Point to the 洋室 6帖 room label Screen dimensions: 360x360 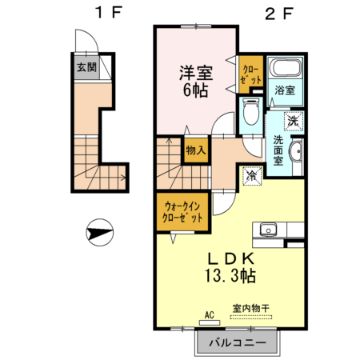(194, 79)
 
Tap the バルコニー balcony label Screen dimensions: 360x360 (236, 343)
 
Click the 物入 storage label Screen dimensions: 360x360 (196, 149)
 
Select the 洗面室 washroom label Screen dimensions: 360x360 (278, 150)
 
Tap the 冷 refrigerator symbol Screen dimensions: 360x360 (251, 174)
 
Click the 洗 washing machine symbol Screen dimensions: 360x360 (293, 122)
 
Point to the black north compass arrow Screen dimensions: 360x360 (98, 234)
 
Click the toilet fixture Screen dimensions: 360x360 (250, 115)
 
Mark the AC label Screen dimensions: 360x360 (211, 314)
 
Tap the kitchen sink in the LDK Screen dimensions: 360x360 (266, 228)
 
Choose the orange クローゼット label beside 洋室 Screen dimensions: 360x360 (251, 75)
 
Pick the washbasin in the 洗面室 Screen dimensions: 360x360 (295, 153)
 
